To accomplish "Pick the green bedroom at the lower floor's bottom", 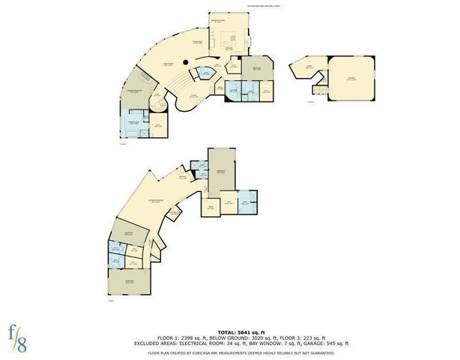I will pyautogui.click(x=130, y=283).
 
